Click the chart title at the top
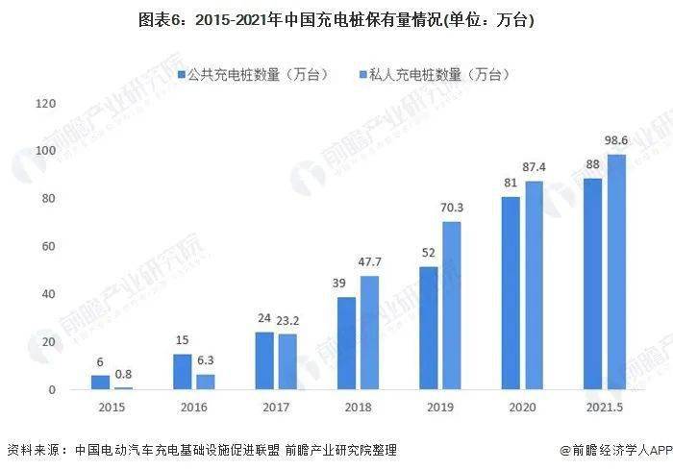coord(336,20)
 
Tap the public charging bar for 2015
coord(100,383)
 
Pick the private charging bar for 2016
coord(206,382)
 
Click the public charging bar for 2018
coord(347,343)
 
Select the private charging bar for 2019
coord(452,306)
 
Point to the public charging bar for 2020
coord(511,293)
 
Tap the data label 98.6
coord(616,142)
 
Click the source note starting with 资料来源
coord(202,449)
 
